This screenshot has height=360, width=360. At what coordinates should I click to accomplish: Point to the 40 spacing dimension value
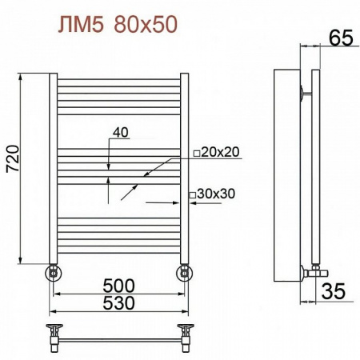point(121,133)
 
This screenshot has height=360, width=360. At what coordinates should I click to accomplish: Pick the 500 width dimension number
point(118,286)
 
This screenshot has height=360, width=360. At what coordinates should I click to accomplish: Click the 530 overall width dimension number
point(118,303)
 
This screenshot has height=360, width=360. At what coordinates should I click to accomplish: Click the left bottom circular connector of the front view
point(53,273)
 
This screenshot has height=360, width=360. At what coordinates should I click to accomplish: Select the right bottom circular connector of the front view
point(185,273)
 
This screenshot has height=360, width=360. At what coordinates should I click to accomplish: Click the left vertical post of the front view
point(53,168)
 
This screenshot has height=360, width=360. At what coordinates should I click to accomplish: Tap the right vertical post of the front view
point(185,168)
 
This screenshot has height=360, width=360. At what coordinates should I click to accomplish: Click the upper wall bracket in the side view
point(302,92)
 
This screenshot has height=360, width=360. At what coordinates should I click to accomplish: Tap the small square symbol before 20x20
point(196,152)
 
